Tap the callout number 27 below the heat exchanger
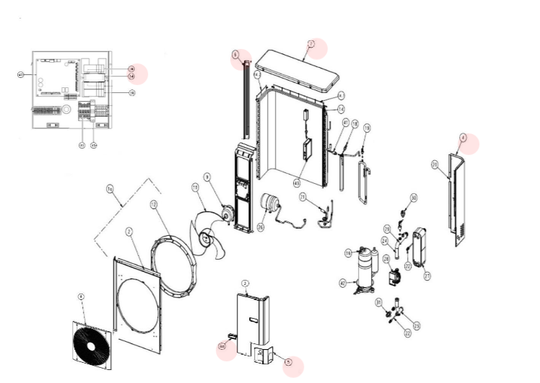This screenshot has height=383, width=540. coord(427,275)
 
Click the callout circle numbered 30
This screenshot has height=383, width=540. coord(414,197)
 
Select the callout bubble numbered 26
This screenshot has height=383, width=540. coord(261,226)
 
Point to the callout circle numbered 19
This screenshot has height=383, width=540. coord(367,128)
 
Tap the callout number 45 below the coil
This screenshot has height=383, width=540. coord(296,183)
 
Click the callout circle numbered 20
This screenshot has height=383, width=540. coord(435,165)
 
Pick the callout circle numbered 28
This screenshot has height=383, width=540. coord(386,259)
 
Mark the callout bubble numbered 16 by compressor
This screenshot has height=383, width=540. coord(348,252)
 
